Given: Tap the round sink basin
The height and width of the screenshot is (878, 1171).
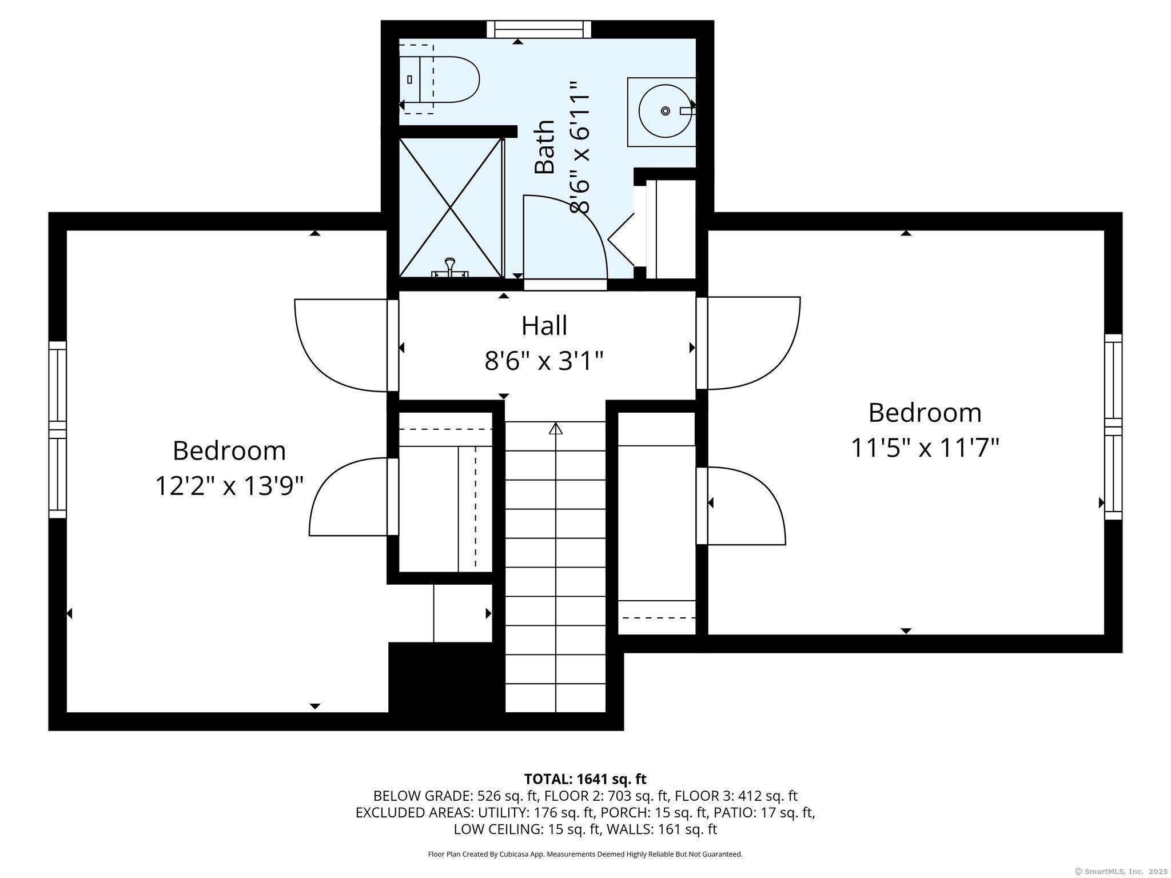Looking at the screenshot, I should (665, 111).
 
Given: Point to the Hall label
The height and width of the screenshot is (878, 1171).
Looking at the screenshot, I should (544, 326).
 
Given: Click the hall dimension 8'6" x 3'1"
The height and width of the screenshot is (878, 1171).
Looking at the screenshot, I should (544, 361).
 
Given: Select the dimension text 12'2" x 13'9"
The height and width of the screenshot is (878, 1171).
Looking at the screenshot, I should (229, 487).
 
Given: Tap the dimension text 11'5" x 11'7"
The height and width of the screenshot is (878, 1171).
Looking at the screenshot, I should (925, 448).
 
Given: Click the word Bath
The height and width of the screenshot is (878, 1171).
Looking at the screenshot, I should (544, 147).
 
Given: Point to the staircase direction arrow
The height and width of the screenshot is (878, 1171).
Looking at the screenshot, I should (555, 428).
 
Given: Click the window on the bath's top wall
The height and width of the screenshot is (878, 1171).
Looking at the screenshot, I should (538, 29).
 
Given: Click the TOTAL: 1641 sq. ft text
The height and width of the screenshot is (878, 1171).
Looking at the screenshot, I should (585, 779).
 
